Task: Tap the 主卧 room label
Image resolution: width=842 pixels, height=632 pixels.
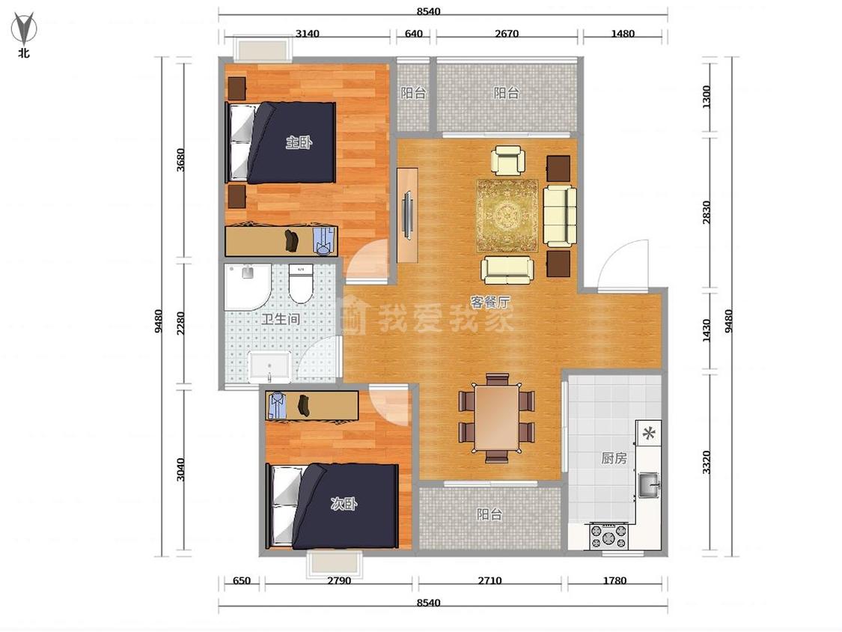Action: pyautogui.click(x=299, y=142)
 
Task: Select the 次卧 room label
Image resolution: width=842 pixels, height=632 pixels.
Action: pyautogui.click(x=344, y=503)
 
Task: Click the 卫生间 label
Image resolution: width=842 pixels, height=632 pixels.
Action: pyautogui.click(x=281, y=319)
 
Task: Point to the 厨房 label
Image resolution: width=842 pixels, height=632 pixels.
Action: pyautogui.click(x=614, y=458)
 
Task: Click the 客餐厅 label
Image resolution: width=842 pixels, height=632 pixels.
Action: pyautogui.click(x=490, y=302)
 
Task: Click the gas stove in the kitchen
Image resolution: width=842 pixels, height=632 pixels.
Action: pyautogui.click(x=609, y=536)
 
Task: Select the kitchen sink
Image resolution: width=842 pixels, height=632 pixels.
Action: pyautogui.click(x=649, y=485)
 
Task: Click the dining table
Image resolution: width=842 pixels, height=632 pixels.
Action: pyautogui.click(x=497, y=418)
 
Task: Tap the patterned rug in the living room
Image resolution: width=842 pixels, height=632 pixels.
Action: pyautogui.click(x=507, y=216)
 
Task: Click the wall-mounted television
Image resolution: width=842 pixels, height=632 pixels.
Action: pyautogui.click(x=408, y=216)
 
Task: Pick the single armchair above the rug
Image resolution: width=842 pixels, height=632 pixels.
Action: pyautogui.click(x=508, y=160)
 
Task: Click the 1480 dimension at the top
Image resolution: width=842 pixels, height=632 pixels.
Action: pyautogui.click(x=623, y=33)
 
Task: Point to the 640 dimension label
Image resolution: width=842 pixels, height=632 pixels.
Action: pyautogui.click(x=413, y=33)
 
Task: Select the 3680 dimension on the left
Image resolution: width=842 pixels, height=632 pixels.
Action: pyautogui.click(x=180, y=159)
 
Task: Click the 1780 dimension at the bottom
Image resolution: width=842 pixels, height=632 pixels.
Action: pyautogui.click(x=614, y=580)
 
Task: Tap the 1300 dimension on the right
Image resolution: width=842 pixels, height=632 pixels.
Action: pyautogui.click(x=707, y=97)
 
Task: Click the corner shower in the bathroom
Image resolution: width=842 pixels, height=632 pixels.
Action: pyautogui.click(x=248, y=287)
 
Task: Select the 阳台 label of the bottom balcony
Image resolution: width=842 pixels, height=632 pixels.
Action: pyautogui.click(x=489, y=514)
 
